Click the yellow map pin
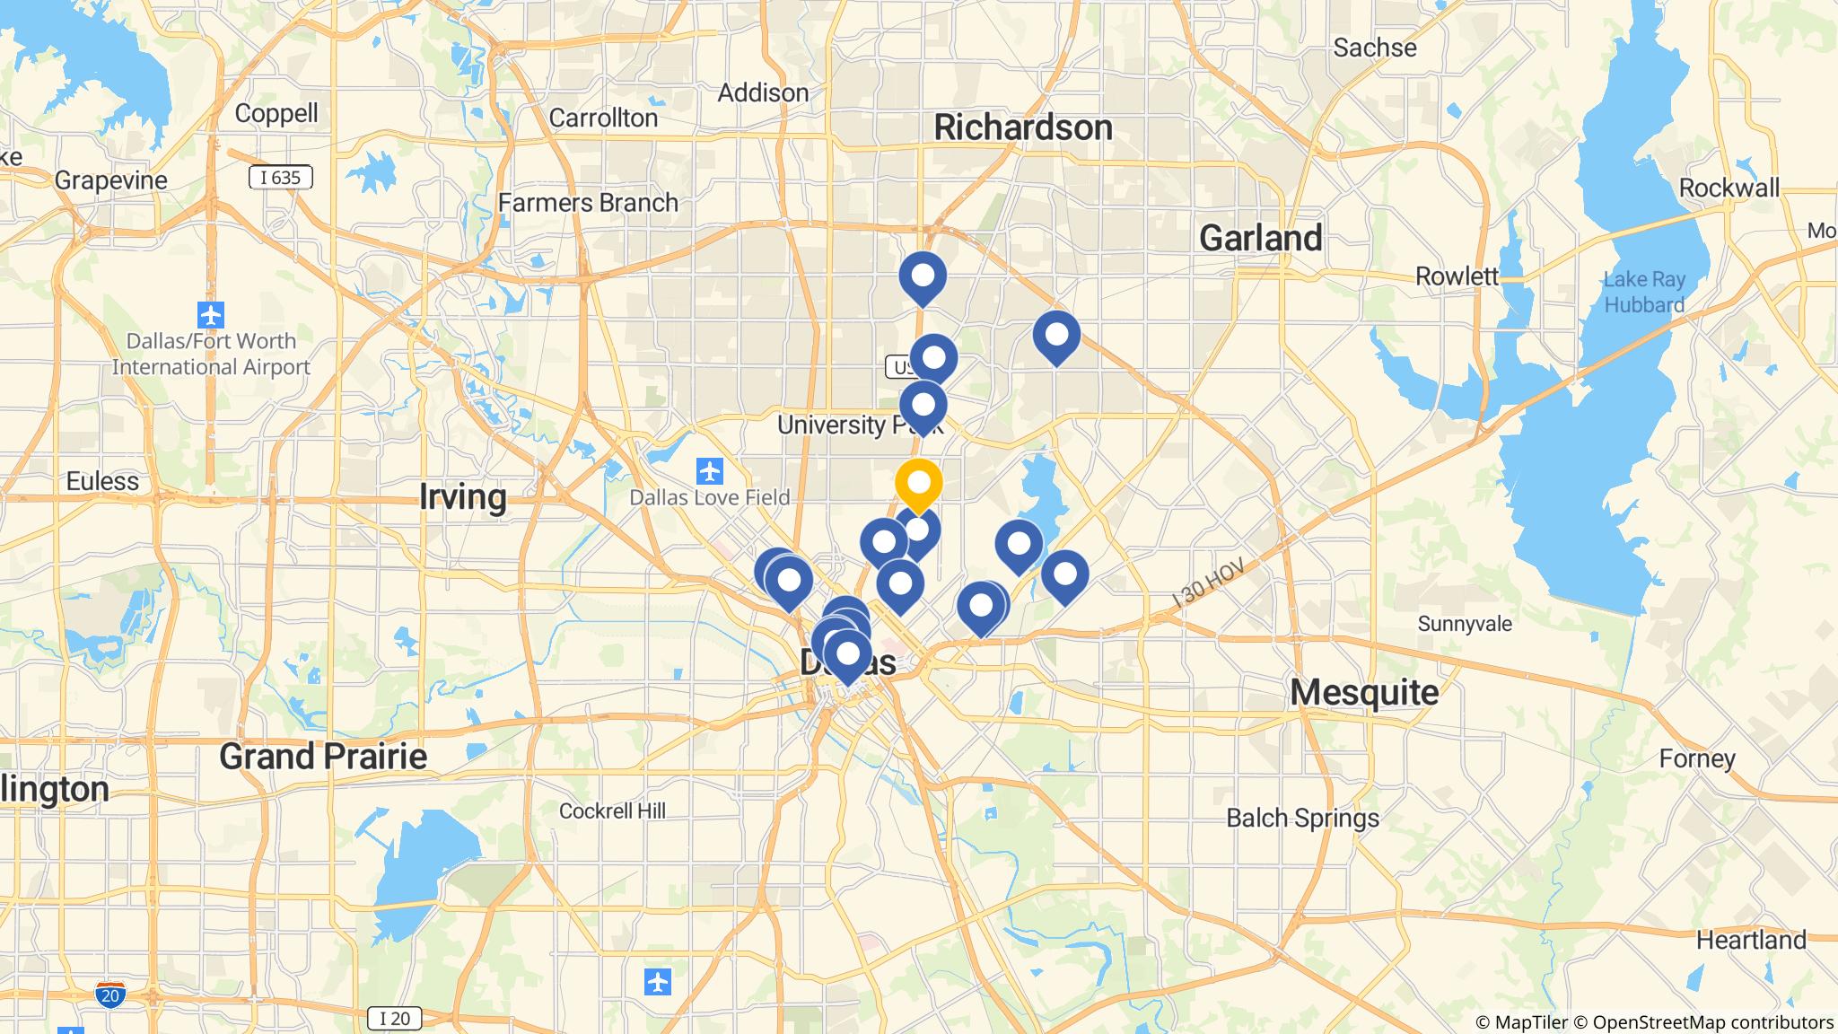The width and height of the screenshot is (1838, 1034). coord(918,483)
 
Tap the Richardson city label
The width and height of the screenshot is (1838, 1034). coord(1022,127)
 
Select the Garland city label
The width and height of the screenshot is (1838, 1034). coord(1260,238)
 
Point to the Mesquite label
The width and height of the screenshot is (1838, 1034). coord(1364,692)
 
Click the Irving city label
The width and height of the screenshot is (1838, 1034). coord(462,496)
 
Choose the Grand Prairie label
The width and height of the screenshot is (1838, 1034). coord(323,757)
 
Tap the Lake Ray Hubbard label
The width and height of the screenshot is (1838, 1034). coord(1644,293)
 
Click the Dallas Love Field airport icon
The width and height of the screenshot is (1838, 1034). coord(710,470)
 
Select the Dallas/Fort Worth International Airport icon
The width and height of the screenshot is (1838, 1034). coord(211,315)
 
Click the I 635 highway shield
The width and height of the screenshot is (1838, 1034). coord(280,178)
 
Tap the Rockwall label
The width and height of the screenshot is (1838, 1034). coord(1729,188)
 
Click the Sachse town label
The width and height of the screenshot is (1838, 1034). coord(1374,48)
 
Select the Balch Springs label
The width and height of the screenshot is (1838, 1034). coord(1302,818)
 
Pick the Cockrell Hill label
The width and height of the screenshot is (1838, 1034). coord(612,811)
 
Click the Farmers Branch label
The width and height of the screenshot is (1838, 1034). coord(588,203)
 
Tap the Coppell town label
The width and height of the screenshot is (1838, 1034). coord(276,113)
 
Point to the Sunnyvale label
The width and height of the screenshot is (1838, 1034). coord(1465,624)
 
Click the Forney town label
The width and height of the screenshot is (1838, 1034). coord(1696,758)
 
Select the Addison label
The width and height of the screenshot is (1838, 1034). coord(763,92)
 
